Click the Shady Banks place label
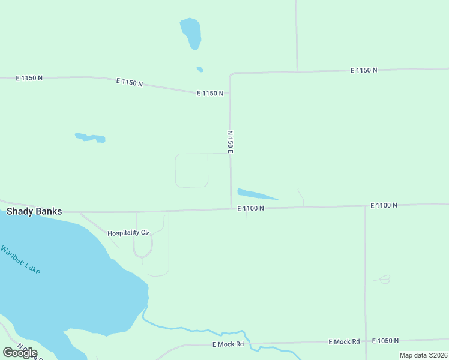pos(34,211)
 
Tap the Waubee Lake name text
pos(21,260)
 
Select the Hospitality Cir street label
pos(128,233)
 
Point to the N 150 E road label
pos(230,142)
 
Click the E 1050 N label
pos(385,341)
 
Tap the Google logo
pos(20,353)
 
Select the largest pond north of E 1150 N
pos(191,32)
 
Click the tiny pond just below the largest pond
pos(200,70)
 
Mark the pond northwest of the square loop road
pos(91,137)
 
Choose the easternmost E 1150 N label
pos(364,70)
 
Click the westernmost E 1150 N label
pos(29,78)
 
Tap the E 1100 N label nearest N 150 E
pos(250,208)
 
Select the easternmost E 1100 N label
pos(384,205)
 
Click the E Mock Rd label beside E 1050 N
pos(344,341)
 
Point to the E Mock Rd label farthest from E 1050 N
pos(228,344)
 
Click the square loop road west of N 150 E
pos(191,170)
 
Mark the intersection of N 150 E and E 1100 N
pos(232,209)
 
